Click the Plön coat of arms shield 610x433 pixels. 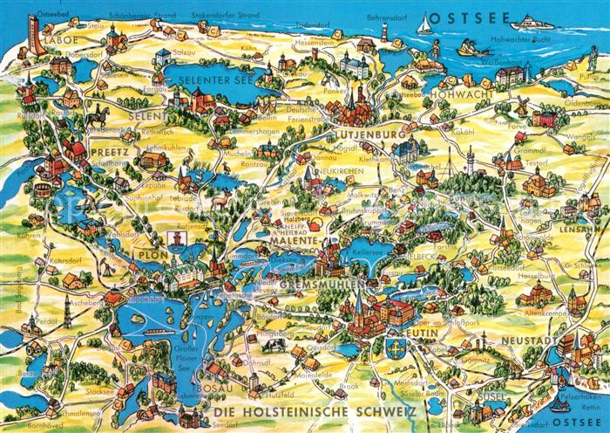pyautogui.click(x=174, y=237)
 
